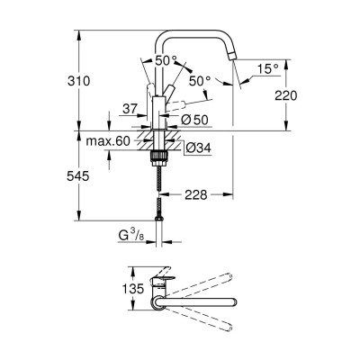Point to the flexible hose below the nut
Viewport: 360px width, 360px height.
coord(161,189)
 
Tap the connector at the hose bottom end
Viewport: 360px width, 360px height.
coord(161,216)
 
